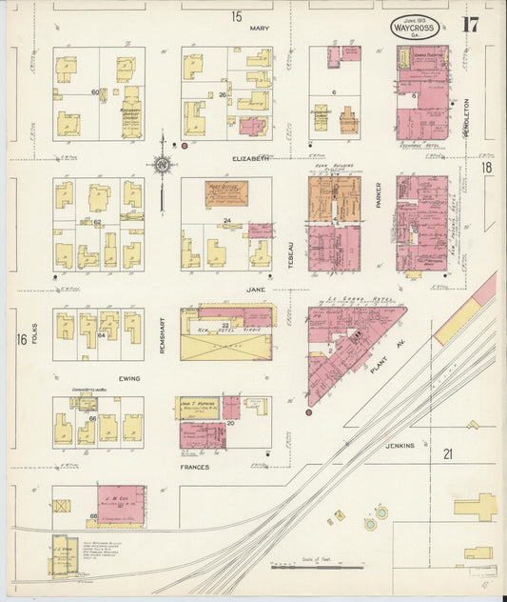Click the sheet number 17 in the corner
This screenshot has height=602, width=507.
tap(470, 25)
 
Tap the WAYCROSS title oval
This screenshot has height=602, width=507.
tap(415, 28)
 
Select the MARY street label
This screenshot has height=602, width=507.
tap(260, 29)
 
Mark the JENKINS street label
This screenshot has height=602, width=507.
tap(400, 445)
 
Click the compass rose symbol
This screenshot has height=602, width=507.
tap(163, 167)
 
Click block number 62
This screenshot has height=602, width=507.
tap(98, 221)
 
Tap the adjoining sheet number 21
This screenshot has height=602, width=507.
tap(446, 454)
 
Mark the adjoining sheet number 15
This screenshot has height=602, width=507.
tap(236, 15)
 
